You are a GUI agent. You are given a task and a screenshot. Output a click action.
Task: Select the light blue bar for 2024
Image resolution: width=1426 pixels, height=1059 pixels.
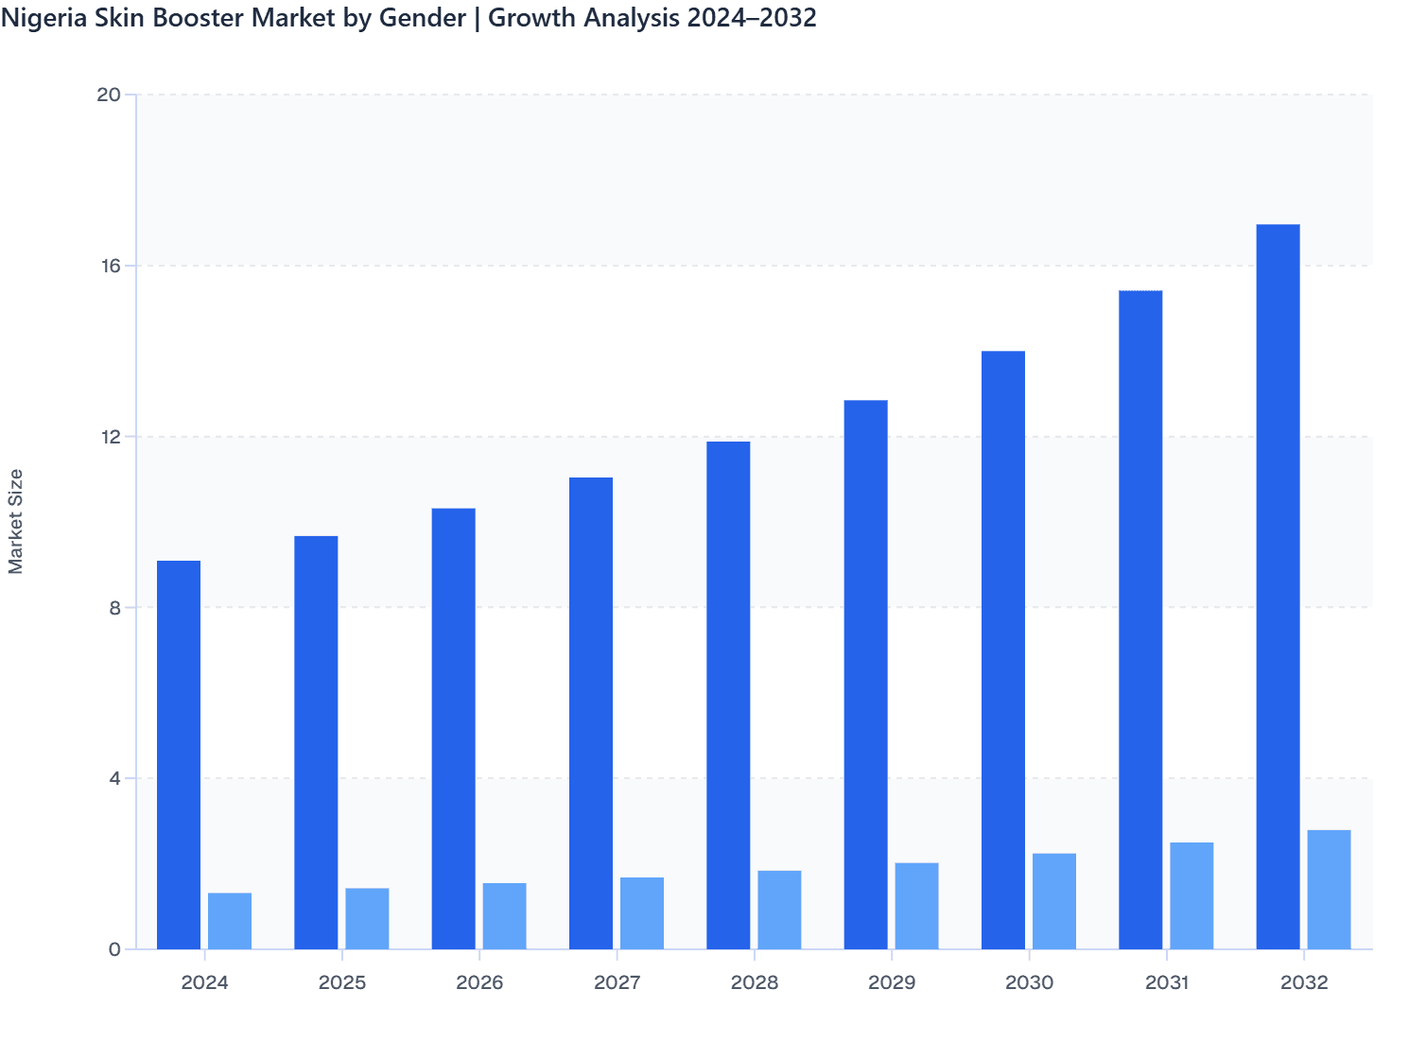pos(230,921)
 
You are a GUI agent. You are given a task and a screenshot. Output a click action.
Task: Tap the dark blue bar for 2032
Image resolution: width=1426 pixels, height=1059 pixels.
pos(1278,586)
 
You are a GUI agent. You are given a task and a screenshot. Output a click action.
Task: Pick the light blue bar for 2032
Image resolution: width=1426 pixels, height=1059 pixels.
pos(1329,890)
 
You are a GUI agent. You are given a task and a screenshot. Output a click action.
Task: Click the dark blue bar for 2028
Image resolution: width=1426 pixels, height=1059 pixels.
pos(728,695)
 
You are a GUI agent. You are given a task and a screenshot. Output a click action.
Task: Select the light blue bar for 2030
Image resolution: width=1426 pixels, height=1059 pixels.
pos(1054,901)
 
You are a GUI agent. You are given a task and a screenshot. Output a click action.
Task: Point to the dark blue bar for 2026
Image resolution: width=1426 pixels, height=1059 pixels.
pos(453,728)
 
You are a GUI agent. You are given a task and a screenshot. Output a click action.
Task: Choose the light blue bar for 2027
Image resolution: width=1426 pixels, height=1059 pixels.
pos(642,913)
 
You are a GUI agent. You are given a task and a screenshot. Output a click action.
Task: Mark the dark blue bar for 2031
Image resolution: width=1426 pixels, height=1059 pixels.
pos(1140,619)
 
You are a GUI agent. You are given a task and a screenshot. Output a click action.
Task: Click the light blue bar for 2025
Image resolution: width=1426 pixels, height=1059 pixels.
pos(367,918)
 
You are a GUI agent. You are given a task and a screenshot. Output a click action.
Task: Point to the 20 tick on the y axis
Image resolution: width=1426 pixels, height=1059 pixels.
pos(110,95)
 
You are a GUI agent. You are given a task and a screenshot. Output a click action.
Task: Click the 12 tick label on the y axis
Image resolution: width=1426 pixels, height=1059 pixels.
pos(110,437)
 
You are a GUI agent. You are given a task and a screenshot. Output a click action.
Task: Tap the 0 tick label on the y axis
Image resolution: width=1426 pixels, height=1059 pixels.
pos(114,949)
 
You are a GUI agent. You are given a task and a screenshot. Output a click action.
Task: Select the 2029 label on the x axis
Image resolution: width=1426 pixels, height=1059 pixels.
pos(892,982)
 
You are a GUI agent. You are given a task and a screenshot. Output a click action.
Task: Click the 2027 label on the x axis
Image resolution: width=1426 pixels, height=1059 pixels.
pos(617,982)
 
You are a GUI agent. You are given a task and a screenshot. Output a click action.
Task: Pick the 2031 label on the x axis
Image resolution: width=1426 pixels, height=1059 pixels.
pos(1167,982)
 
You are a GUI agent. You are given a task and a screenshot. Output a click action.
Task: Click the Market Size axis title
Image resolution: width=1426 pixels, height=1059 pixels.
pos(16,521)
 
